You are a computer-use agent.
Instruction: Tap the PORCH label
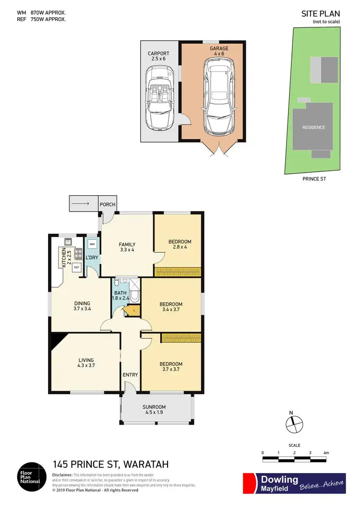coord(108,204)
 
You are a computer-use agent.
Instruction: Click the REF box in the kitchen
coord(76,267)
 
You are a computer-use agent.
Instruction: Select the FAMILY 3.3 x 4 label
coord(127,247)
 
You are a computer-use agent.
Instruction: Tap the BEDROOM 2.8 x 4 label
coord(180,244)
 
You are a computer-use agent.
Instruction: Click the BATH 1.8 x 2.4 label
coord(121,295)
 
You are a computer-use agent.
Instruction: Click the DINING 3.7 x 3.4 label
coord(82,306)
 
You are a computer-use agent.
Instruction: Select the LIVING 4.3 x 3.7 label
coord(86,363)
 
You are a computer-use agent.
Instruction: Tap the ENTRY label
coord(130,375)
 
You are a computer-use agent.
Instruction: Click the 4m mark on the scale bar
coord(326,453)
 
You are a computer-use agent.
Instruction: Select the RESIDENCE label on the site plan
coord(313,127)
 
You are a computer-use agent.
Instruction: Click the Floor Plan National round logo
coord(32,477)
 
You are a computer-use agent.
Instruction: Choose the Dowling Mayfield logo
coord(294,483)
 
